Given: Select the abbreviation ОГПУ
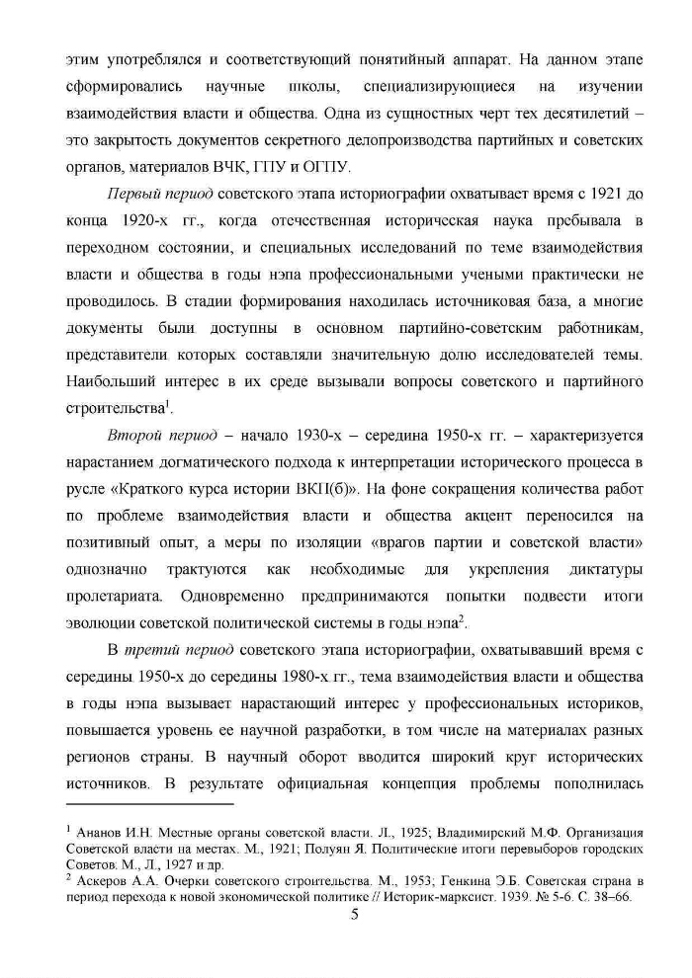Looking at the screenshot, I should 319,165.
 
